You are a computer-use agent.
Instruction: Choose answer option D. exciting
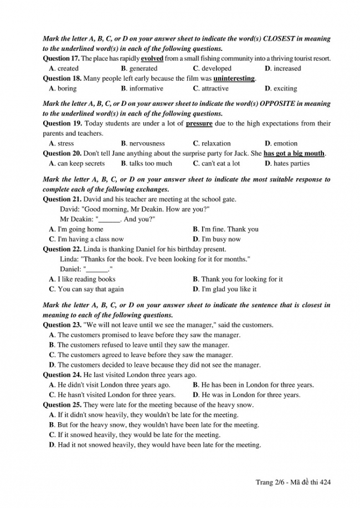pos(281,89)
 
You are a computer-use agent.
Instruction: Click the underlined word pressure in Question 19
pos(199,123)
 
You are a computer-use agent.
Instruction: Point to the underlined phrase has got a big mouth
pos(294,153)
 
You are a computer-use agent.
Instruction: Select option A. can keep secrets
pos(77,163)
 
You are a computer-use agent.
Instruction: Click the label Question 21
pos(62,199)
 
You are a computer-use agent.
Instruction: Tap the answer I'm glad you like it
pos(224,289)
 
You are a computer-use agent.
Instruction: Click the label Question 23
pos(62,325)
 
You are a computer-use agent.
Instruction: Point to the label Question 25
pos(62,405)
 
